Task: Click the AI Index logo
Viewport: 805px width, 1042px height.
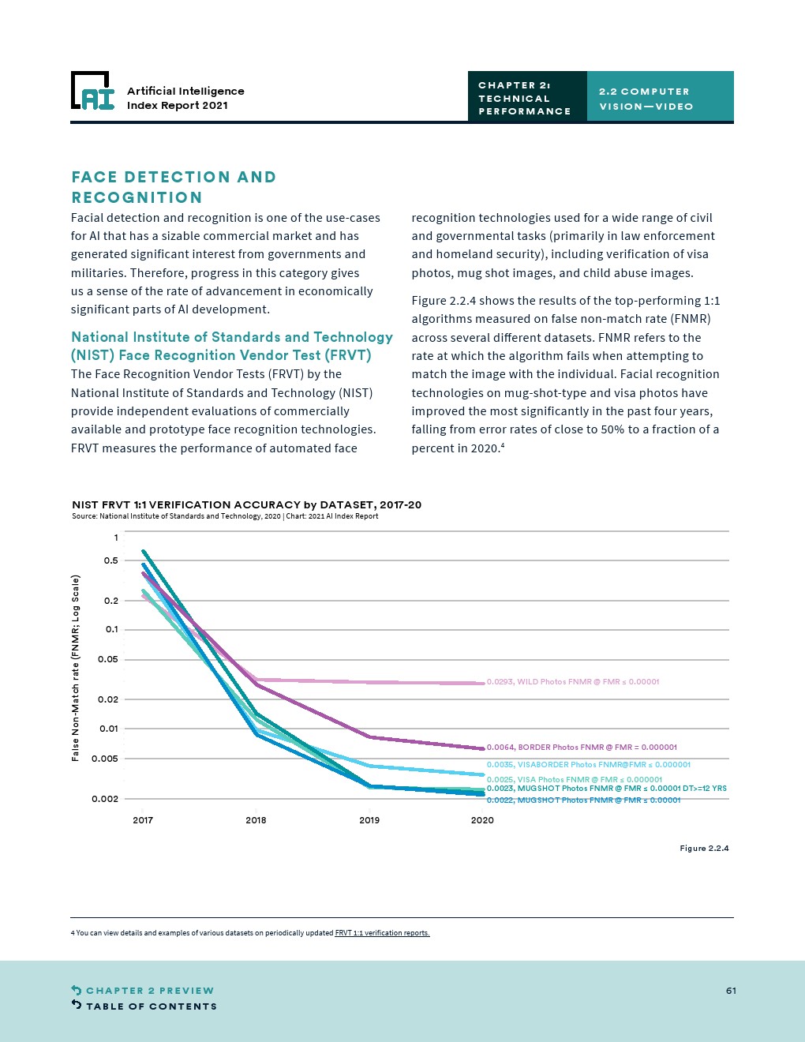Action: tap(93, 91)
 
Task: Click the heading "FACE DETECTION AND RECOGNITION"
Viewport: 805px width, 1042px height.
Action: tap(174, 187)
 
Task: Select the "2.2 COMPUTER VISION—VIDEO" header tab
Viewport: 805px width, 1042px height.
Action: tap(660, 99)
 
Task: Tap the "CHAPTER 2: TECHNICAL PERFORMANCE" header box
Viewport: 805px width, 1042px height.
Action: tap(526, 98)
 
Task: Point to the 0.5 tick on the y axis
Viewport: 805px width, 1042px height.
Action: tap(110, 560)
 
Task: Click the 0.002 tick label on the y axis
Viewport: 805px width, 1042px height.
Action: tap(105, 799)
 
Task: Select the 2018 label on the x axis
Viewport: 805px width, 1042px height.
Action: tap(256, 820)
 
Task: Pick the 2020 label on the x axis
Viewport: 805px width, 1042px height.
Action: tap(482, 820)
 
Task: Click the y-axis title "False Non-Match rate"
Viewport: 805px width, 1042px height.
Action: tap(76, 668)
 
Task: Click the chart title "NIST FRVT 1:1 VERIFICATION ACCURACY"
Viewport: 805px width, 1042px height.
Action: tap(246, 504)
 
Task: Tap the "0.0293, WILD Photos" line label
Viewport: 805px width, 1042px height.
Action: tap(573, 682)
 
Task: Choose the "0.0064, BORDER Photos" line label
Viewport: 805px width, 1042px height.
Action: tap(582, 748)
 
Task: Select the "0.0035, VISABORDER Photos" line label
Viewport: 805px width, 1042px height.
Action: tap(588, 765)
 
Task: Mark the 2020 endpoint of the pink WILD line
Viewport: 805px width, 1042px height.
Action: tap(482, 683)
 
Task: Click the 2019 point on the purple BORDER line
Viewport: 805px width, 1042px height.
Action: tap(369, 737)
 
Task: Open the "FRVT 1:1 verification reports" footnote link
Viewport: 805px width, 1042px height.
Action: tap(382, 933)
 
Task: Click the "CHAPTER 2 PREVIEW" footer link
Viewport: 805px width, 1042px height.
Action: tap(149, 991)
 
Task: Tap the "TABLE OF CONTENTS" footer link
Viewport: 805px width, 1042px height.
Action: tap(151, 1006)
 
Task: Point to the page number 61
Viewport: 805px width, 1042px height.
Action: tap(731, 991)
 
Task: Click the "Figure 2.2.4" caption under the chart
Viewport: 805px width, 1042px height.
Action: tap(704, 849)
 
